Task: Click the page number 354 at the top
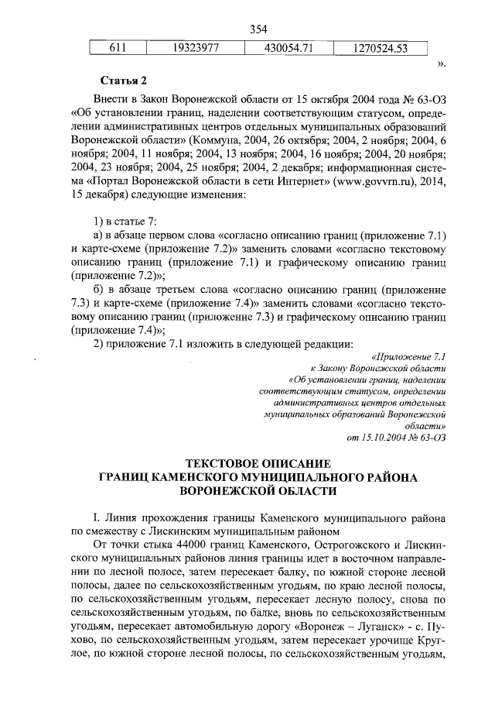click(258, 29)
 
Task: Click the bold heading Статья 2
click(123, 80)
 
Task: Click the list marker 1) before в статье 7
click(98, 221)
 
